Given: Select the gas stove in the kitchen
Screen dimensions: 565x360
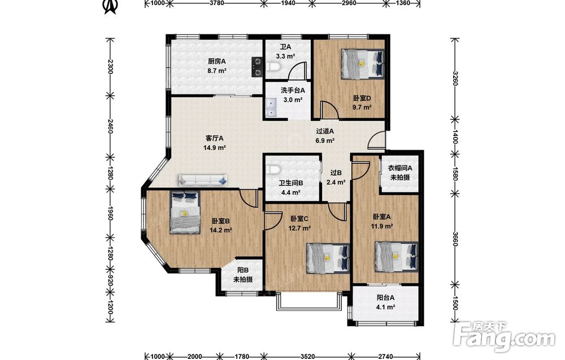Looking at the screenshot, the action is point(257,67).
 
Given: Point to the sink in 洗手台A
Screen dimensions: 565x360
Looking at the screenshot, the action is point(271,108).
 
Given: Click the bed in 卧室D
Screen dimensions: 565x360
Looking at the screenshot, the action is point(363,63).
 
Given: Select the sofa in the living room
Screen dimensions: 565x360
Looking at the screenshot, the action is point(203,180).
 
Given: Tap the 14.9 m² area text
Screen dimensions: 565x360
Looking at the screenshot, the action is point(215,148).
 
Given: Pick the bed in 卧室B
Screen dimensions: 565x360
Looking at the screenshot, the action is point(185,212).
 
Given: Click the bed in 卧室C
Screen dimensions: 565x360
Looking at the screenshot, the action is point(328,258).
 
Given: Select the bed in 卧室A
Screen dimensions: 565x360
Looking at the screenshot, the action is point(397,257).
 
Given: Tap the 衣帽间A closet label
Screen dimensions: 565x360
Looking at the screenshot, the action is point(400,168).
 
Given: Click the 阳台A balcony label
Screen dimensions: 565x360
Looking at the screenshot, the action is point(385,298).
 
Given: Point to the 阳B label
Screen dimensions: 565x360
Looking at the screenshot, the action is point(243,270).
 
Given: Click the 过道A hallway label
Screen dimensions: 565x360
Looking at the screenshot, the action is point(325,132).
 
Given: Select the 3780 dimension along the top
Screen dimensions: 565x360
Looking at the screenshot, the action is point(217,3).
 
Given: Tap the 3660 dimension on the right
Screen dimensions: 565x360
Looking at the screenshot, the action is point(455,238).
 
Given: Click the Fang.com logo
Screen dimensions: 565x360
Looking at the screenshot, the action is point(505,337).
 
